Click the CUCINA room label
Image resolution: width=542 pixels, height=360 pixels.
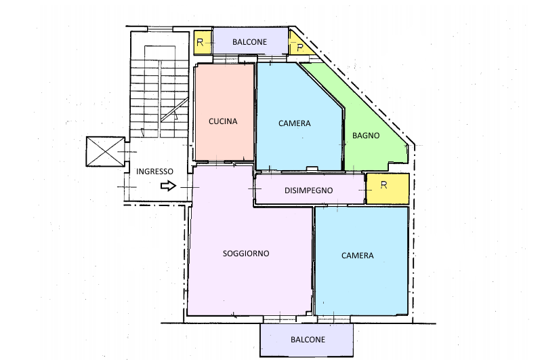[223, 121]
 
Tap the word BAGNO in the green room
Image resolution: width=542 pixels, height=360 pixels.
[366, 136]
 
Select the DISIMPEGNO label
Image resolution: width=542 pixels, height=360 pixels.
[309, 191]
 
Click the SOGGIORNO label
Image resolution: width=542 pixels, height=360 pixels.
[246, 254]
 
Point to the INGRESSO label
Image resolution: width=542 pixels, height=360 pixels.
[154, 172]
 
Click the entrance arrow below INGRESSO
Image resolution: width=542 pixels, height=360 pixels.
[169, 186]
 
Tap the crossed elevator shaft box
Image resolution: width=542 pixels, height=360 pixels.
[105, 151]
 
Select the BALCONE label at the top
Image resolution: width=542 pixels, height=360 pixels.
[249, 42]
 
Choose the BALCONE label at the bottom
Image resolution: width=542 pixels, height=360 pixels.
[308, 340]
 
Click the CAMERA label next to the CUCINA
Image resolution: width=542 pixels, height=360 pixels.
[295, 123]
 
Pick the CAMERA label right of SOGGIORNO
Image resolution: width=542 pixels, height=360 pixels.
[358, 256]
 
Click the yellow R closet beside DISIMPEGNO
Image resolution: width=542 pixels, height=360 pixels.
[388, 188]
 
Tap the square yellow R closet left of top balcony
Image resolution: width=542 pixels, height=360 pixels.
[203, 43]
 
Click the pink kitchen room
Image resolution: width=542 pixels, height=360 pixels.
[225, 112]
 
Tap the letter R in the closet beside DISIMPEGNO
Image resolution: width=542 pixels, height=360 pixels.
[383, 185]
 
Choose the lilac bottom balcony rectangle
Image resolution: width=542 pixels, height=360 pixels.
[307, 340]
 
